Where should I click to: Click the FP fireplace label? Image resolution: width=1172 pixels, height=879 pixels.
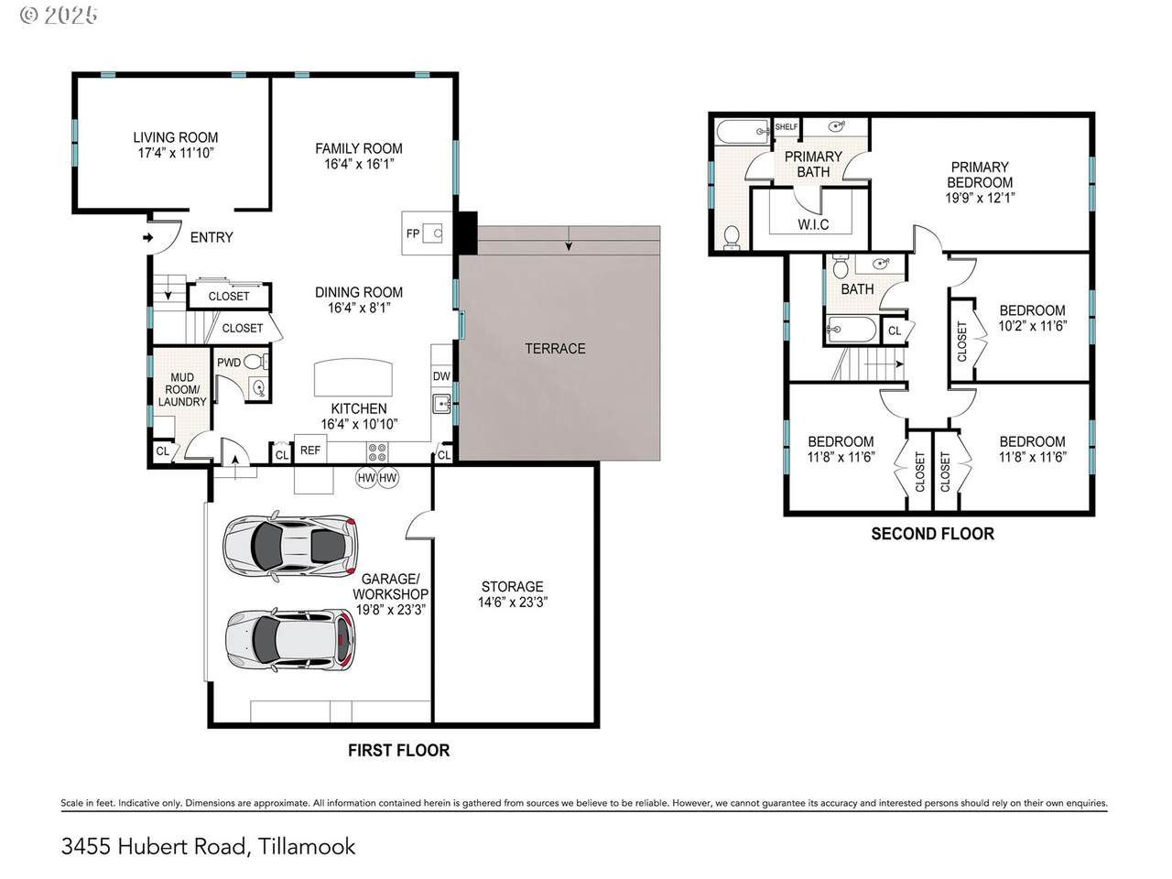point(413,233)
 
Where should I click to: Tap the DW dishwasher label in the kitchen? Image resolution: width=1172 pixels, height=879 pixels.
point(441,376)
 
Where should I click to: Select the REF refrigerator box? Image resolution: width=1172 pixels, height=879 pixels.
point(310,450)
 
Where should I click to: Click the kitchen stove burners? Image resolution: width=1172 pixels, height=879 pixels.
point(377,452)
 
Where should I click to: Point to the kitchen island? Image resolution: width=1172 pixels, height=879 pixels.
point(353,377)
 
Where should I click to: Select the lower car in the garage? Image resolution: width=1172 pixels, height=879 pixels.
point(290,639)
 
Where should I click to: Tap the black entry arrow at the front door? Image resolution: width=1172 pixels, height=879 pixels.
point(148,237)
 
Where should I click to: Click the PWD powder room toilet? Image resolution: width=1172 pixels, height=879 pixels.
point(255,363)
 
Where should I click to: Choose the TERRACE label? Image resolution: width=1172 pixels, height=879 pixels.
point(555,349)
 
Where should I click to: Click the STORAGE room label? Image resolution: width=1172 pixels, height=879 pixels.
point(512,587)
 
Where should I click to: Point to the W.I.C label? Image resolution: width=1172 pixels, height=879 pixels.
point(813,224)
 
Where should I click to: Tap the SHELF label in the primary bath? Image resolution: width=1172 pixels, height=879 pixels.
point(786,127)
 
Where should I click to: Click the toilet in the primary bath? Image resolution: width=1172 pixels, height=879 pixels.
point(731,237)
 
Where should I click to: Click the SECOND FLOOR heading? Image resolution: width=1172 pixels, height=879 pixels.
point(932,534)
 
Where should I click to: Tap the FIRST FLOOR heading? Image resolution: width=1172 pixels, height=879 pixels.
point(399,751)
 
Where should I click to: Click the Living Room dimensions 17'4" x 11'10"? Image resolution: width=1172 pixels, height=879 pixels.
point(176,153)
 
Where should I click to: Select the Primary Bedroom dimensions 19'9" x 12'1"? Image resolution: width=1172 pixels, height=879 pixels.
point(980,198)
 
